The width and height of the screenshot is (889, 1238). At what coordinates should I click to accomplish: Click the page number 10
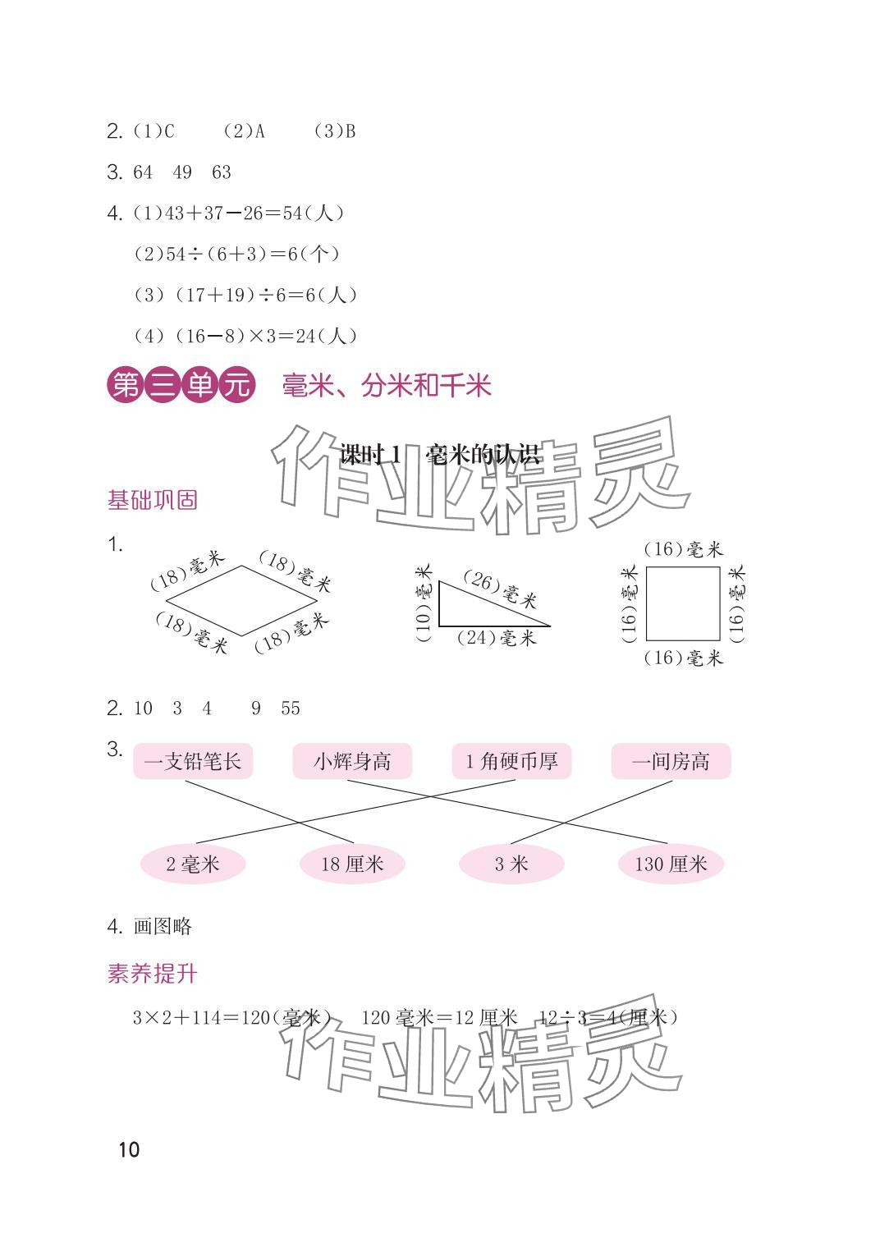coord(129,1149)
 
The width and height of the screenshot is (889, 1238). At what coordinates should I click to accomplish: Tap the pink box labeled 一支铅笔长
coord(193,762)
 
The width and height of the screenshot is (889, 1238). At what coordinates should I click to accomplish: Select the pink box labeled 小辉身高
coord(352,762)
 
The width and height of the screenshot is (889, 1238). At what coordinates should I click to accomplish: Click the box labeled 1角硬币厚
coord(511,762)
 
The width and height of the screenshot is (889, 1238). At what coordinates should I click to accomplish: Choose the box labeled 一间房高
coord(671,762)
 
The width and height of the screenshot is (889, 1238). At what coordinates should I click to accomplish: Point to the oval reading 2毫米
coord(193,864)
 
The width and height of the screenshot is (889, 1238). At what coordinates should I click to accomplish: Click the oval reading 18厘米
coord(352,864)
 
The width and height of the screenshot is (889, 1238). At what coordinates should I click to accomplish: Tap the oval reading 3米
coord(511,864)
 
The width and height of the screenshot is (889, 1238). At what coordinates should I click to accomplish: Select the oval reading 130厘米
coord(671,864)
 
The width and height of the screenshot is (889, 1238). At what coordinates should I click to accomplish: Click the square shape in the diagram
coord(683,603)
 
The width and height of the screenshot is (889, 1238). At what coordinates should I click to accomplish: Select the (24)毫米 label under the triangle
coord(496,638)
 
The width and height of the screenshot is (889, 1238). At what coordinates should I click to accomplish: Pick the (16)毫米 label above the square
coord(683,549)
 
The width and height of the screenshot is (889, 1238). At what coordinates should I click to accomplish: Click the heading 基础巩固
coord(153,500)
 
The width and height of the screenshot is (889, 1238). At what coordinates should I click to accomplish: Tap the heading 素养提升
coord(153,974)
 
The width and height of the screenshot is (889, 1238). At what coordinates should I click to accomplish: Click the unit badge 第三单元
coord(181,386)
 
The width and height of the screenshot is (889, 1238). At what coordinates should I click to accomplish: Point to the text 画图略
coord(163,926)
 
